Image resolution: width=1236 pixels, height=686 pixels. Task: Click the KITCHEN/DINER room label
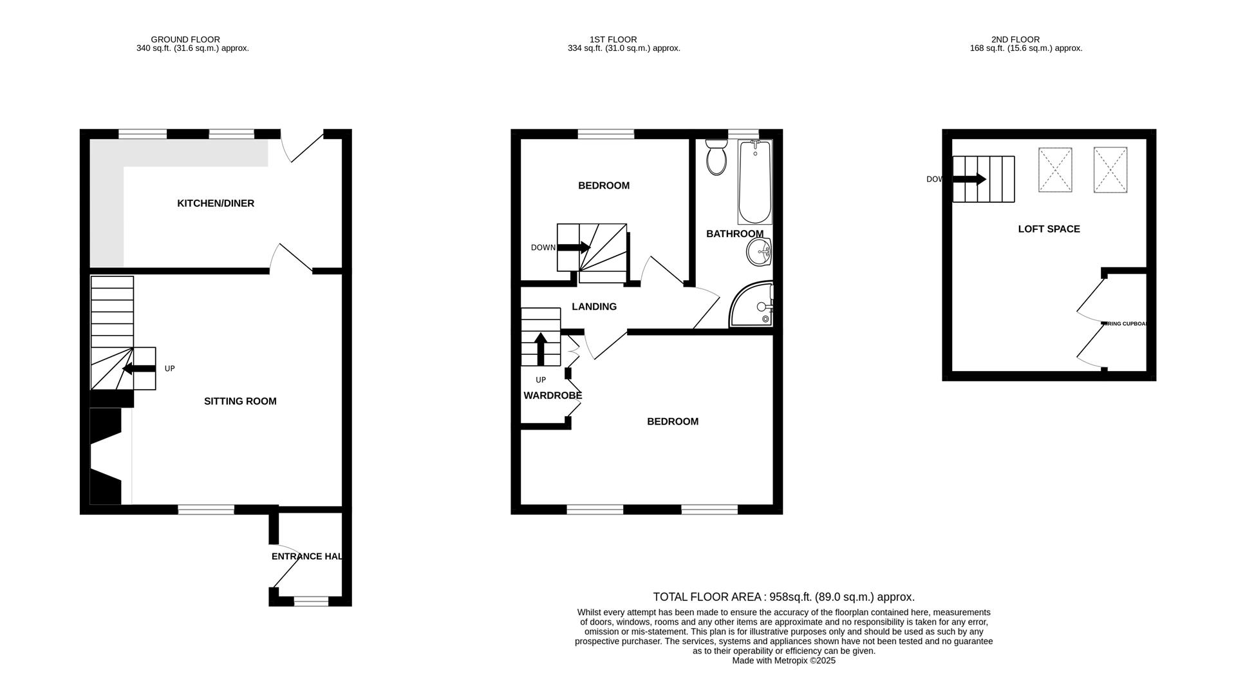(x=216, y=204)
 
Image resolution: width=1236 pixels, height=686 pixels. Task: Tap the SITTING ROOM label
(x=240, y=401)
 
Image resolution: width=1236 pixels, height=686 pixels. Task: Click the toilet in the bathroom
(x=716, y=158)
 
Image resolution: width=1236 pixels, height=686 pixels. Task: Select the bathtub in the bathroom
(x=754, y=182)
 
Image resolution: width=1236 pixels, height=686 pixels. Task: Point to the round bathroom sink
(x=759, y=252)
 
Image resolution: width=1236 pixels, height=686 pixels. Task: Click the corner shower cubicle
(x=752, y=305)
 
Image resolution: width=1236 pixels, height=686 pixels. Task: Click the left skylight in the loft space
(x=1055, y=170)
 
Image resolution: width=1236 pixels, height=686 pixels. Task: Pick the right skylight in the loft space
(x=1110, y=170)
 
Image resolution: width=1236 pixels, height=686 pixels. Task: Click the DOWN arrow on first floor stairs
(x=574, y=247)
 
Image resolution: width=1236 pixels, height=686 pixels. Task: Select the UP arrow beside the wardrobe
(x=541, y=348)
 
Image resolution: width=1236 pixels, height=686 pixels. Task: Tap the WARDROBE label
(x=552, y=395)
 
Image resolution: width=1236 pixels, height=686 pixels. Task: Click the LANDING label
(x=594, y=307)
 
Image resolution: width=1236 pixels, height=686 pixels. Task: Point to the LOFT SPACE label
(x=1049, y=229)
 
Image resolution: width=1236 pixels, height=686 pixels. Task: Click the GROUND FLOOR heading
(x=185, y=39)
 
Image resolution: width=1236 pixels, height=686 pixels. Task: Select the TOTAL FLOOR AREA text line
(x=783, y=597)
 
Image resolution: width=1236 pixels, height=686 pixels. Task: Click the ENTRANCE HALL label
(x=306, y=557)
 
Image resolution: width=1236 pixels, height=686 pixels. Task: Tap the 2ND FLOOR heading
(x=1015, y=39)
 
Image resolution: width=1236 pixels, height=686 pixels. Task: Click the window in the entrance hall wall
(x=311, y=601)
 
